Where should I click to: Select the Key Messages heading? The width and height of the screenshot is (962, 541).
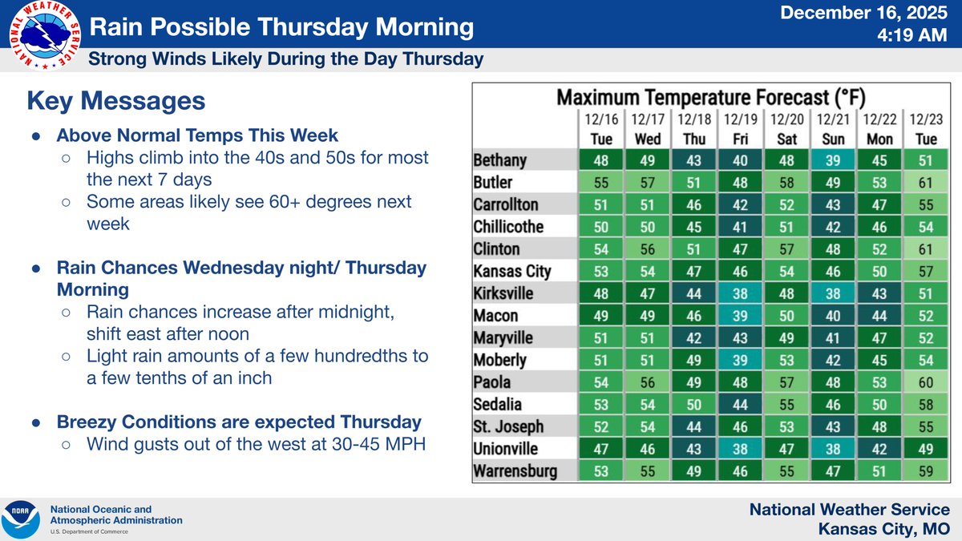click(x=115, y=101)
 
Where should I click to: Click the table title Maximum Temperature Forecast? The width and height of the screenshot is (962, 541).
click(x=710, y=98)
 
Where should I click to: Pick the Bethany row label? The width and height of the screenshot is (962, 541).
click(x=500, y=160)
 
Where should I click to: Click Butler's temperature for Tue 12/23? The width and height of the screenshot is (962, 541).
click(x=924, y=182)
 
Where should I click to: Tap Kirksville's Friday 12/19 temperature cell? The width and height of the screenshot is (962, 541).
click(x=739, y=293)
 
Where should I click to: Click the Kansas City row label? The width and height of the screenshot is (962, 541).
click(x=512, y=271)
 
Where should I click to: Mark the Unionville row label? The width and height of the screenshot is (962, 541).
click(x=507, y=449)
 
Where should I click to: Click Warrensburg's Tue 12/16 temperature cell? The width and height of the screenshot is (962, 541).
click(x=601, y=471)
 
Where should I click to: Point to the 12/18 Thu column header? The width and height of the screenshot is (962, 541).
click(x=693, y=128)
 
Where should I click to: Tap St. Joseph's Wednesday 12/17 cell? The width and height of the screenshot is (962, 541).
click(x=647, y=426)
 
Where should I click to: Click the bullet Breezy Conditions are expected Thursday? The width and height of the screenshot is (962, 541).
click(x=237, y=422)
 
